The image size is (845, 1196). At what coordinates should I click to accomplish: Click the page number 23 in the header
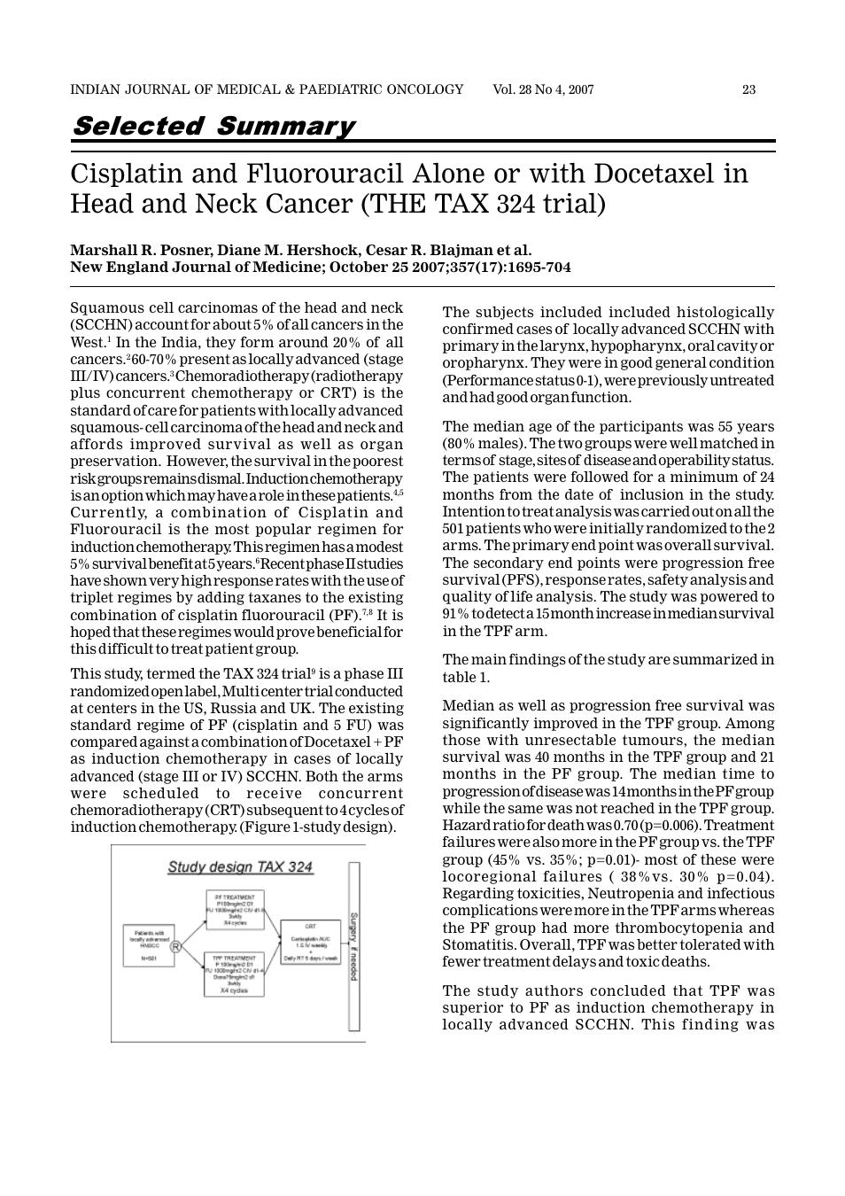point(748,89)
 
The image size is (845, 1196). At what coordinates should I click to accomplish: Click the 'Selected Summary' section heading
point(213,126)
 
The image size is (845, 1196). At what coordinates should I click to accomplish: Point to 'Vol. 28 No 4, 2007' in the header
point(543,89)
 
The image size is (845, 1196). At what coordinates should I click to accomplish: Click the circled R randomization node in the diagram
point(175,947)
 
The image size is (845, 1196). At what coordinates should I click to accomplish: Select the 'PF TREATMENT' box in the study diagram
point(235,909)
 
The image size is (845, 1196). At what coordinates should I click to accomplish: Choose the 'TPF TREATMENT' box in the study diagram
point(235,975)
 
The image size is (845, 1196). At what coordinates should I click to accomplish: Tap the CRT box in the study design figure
point(310,942)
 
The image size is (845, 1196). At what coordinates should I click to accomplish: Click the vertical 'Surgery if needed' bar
point(353,946)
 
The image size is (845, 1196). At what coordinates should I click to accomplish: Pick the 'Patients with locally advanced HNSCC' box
point(148,944)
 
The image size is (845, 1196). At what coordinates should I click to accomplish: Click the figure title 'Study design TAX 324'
point(240,866)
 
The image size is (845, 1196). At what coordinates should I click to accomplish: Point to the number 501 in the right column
point(454,529)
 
